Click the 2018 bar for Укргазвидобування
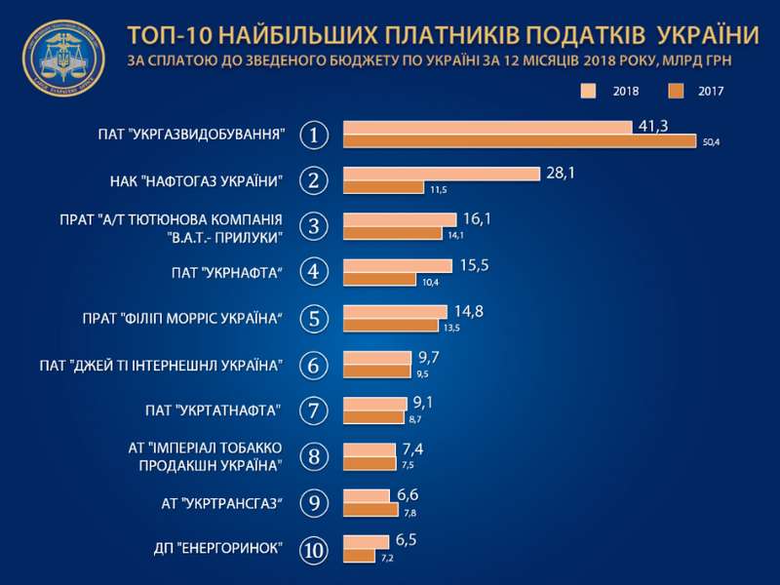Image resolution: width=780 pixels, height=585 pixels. point(487,128)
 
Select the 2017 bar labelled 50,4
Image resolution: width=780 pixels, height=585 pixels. point(520,141)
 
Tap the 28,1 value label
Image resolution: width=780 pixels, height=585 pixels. point(560,173)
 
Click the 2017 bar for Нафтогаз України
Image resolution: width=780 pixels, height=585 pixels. point(384,187)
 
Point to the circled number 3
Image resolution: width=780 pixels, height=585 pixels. point(313,226)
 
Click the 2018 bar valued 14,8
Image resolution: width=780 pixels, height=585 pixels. point(395,311)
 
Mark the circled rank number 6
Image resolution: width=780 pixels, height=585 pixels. point(313,366)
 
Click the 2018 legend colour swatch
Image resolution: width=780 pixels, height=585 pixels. point(589,92)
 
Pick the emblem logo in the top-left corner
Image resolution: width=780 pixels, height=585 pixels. point(64,58)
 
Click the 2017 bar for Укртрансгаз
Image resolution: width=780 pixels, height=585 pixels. point(370,510)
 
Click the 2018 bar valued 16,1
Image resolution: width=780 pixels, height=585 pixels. point(400,219)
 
